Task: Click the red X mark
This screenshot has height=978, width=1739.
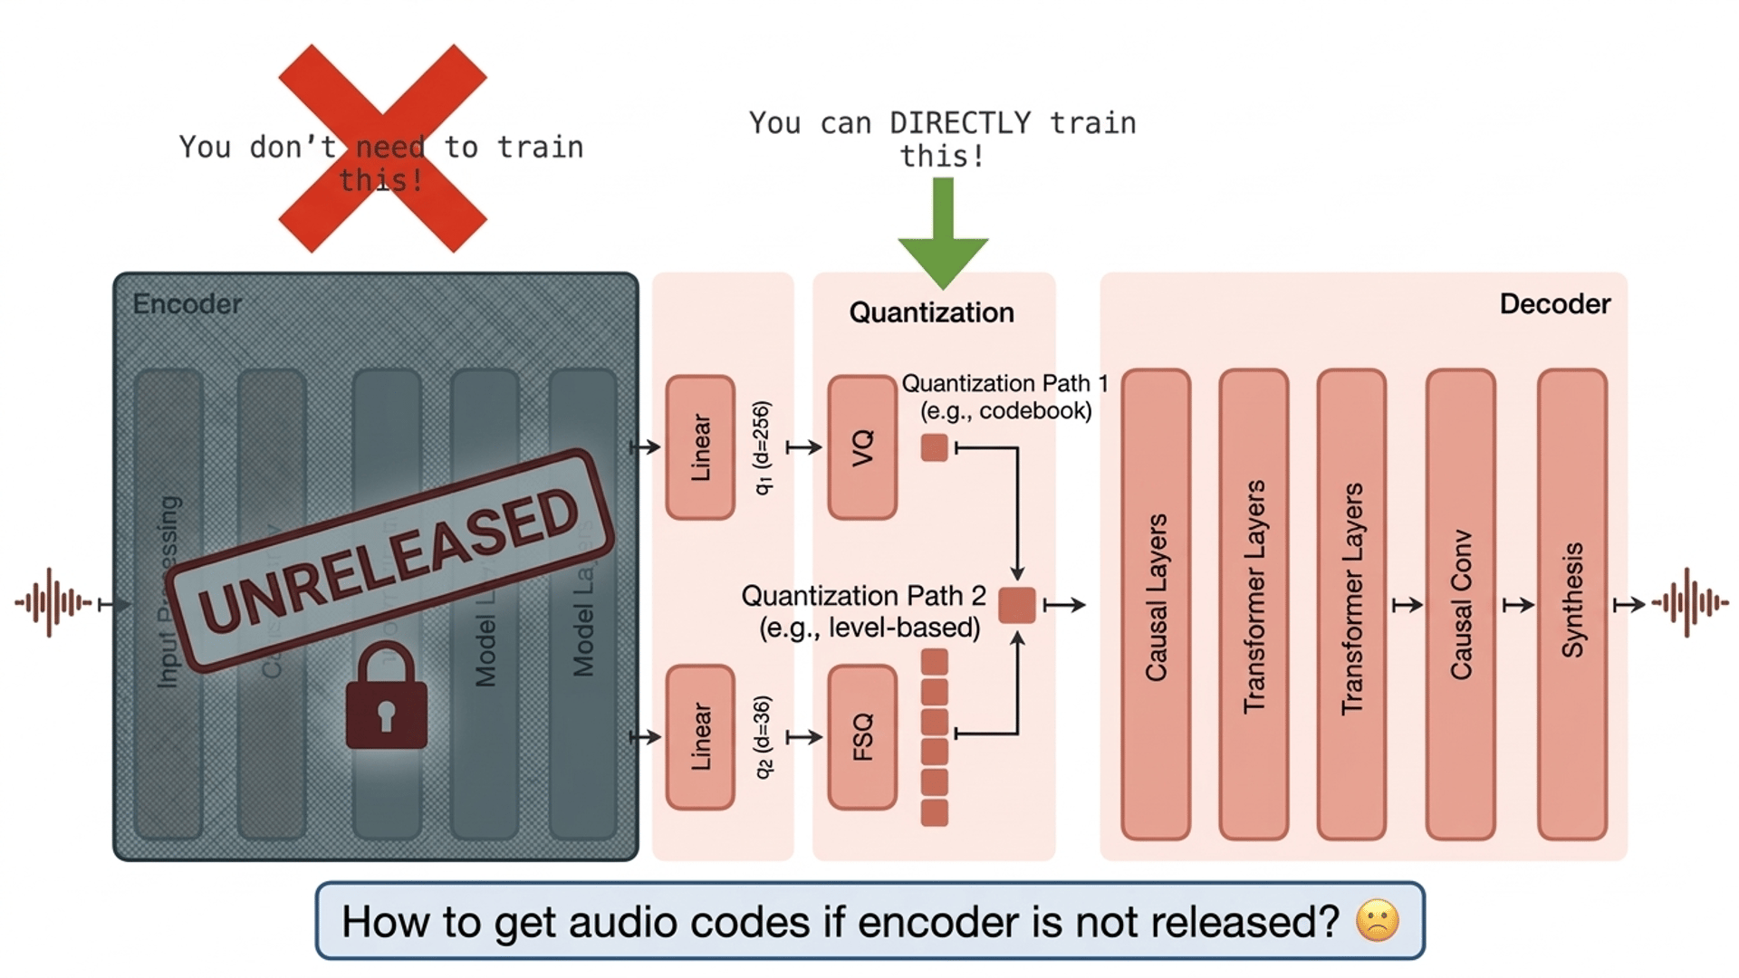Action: click(x=382, y=148)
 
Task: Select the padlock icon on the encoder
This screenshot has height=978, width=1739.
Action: click(x=387, y=697)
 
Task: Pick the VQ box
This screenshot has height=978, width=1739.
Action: click(x=862, y=447)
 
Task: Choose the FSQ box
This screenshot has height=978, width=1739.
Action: click(x=862, y=737)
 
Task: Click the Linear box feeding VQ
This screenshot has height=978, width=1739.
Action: click(x=700, y=447)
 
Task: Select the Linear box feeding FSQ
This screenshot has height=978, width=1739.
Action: click(x=700, y=737)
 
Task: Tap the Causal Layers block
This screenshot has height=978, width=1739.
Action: click(x=1156, y=604)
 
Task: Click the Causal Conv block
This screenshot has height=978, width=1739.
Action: click(x=1460, y=604)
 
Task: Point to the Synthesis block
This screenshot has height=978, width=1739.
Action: click(x=1572, y=604)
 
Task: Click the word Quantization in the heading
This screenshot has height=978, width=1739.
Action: click(x=931, y=312)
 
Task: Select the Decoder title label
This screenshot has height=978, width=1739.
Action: click(x=1554, y=303)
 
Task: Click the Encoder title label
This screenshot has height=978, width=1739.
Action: click(x=187, y=303)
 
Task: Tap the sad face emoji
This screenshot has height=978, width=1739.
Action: click(x=1377, y=921)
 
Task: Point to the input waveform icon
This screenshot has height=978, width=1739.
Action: click(x=53, y=602)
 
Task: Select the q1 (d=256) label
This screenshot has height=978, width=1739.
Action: click(x=763, y=447)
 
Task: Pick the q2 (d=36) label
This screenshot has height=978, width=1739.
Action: click(x=763, y=737)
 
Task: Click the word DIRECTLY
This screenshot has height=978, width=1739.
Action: click(x=960, y=123)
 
